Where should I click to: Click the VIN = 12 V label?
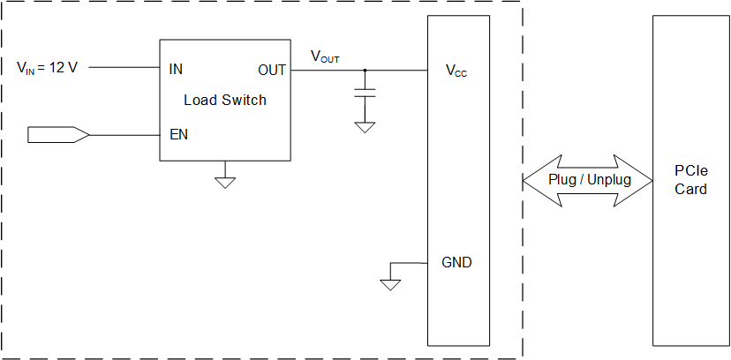pyautogui.click(x=48, y=67)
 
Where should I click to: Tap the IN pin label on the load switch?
pyautogui.click(x=176, y=68)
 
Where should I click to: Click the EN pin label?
pyautogui.click(x=177, y=135)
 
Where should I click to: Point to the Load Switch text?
pyautogui.click(x=224, y=100)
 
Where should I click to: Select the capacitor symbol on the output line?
pyautogui.click(x=365, y=92)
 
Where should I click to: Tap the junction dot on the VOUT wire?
pyautogui.click(x=365, y=69)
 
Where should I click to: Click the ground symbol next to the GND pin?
pyautogui.click(x=389, y=284)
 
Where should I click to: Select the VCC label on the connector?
pyautogui.click(x=456, y=70)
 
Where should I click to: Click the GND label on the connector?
pyautogui.click(x=456, y=262)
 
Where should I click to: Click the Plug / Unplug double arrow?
pyautogui.click(x=587, y=180)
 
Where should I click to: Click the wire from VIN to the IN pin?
pyautogui.click(x=124, y=68)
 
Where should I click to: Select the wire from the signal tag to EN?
pyautogui.click(x=124, y=135)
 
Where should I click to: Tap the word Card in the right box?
pyautogui.click(x=690, y=189)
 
